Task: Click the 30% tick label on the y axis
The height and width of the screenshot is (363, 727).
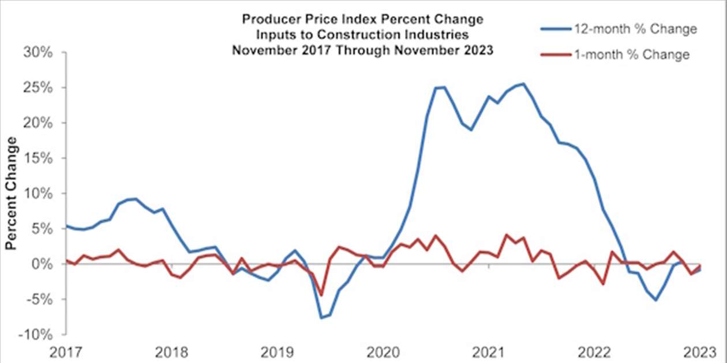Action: point(39,53)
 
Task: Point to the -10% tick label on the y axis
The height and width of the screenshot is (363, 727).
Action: point(36,335)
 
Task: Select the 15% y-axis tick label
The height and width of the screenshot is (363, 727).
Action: point(39,158)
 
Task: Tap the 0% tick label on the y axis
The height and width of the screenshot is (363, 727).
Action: point(43,264)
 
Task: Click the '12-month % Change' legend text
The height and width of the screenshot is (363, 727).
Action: point(635,29)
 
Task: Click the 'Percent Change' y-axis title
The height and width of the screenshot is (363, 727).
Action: point(10,194)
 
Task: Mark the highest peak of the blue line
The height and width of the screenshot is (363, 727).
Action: point(523,84)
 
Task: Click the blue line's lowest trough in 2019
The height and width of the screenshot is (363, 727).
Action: point(321,318)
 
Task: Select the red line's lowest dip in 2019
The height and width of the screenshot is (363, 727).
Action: point(321,295)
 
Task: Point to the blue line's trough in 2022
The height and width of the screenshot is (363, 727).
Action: point(655,300)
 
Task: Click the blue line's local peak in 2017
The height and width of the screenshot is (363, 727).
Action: point(134,199)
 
